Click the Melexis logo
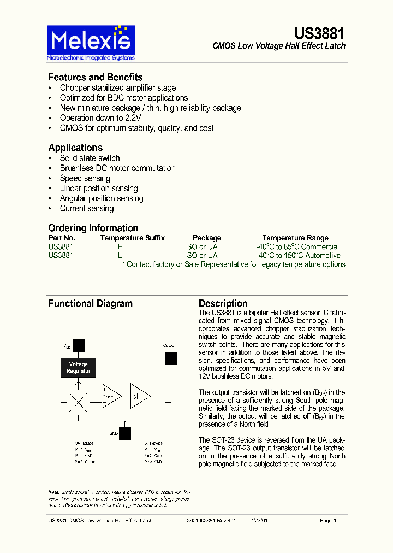point(91,43)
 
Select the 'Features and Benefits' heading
point(96,77)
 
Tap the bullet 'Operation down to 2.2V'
point(100,118)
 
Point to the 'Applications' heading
point(75,148)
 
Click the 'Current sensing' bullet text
point(87,209)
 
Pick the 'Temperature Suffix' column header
point(132,238)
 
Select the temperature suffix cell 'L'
point(120,256)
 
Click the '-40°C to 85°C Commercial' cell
point(297,247)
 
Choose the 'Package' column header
point(207,238)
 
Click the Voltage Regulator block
point(79,368)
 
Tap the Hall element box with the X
point(79,403)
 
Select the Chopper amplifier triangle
point(110,396)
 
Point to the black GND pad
point(125,433)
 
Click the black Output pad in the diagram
point(171,358)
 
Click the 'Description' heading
point(223,304)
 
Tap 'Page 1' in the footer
point(328,521)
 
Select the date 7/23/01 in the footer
point(259,521)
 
